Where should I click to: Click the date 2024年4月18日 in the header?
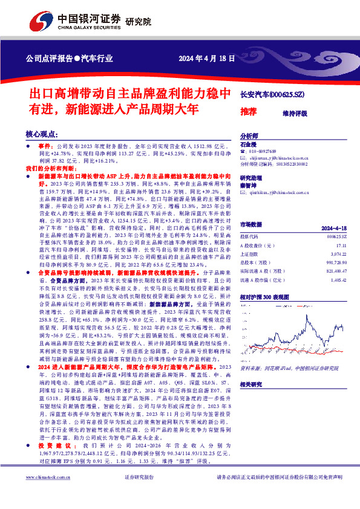point(206,59)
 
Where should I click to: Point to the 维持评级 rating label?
point(295,113)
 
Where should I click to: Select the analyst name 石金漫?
point(249,145)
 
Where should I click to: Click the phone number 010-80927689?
point(267,151)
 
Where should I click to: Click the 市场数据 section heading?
point(253,224)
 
